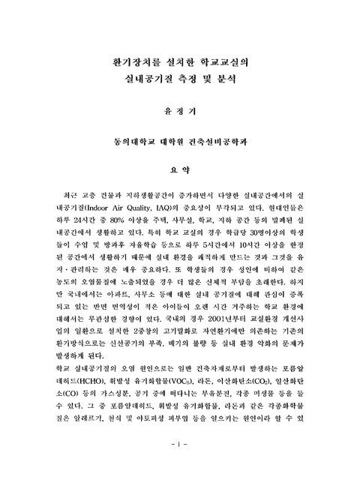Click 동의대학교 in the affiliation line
[131, 141]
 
